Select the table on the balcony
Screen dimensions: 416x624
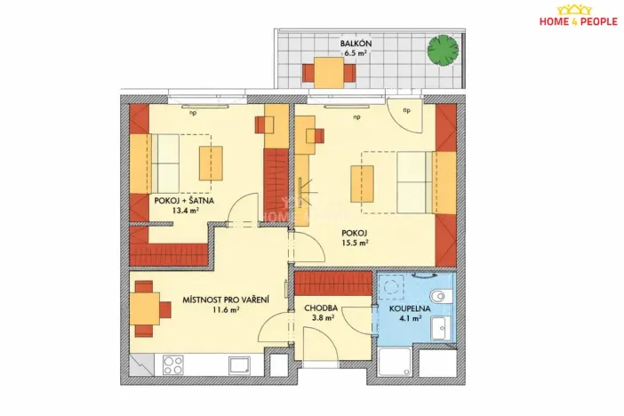click(328, 70)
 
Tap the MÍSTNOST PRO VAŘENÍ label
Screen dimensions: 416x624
click(228, 300)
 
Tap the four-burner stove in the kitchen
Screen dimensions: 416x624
click(172, 365)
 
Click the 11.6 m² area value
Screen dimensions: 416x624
click(228, 311)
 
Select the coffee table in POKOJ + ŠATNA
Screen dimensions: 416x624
click(211, 162)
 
